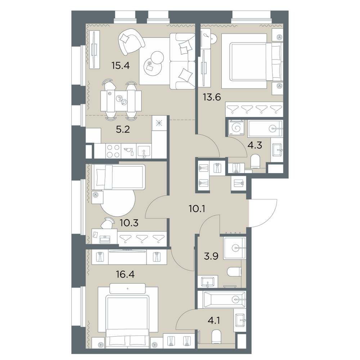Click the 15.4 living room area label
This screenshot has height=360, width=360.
point(121,66)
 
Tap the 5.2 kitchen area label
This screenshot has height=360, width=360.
point(123,130)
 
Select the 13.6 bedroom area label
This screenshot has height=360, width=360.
point(212,97)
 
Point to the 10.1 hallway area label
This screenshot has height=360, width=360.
point(197,209)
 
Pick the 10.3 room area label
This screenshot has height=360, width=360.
point(129,223)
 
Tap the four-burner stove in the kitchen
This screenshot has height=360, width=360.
point(113,151)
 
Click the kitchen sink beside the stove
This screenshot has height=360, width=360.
point(144,152)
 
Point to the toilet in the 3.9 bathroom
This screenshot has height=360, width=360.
point(234,272)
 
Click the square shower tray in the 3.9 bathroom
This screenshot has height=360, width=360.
point(235,248)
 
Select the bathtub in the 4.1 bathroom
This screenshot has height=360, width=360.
point(222,300)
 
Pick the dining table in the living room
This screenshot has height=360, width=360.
point(121,100)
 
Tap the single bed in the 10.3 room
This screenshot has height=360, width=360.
point(118,177)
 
